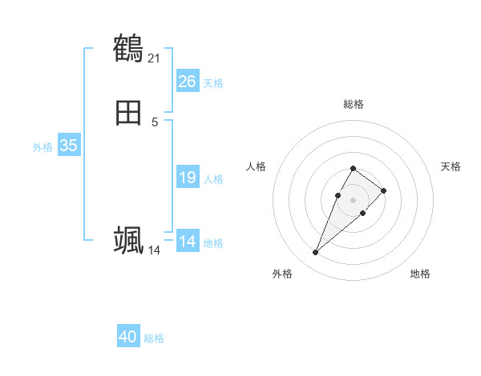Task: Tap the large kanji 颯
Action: click(128, 240)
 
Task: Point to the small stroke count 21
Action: click(155, 58)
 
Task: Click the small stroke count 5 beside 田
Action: click(155, 122)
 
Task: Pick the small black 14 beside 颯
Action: click(155, 250)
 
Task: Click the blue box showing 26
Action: click(188, 82)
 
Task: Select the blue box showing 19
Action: click(188, 178)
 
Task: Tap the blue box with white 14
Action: click(188, 242)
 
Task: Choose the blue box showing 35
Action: click(69, 146)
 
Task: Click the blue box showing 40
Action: click(128, 337)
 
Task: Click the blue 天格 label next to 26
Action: click(213, 82)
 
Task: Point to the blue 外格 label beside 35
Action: click(42, 146)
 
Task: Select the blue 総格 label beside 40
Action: click(154, 338)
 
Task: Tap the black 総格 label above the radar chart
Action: click(353, 104)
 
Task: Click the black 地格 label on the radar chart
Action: click(420, 274)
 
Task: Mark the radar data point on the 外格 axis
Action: click(315, 253)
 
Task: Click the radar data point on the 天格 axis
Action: click(384, 190)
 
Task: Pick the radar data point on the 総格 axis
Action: click(353, 168)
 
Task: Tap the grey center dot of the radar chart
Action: click(353, 198)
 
